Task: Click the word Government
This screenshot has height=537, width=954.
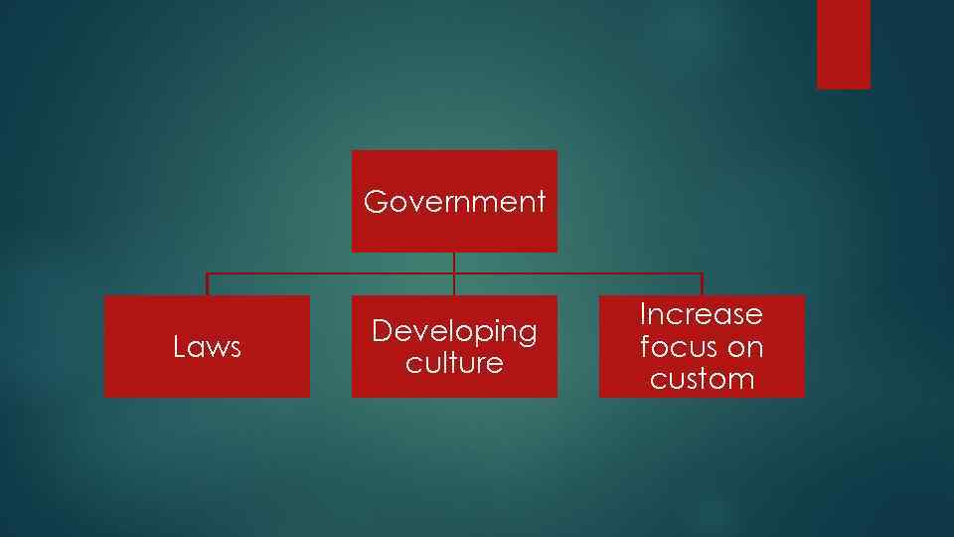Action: [454, 202]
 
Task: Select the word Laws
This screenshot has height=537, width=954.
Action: [207, 347]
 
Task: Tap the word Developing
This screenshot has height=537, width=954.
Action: [454, 330]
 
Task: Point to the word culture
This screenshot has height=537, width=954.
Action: [454, 363]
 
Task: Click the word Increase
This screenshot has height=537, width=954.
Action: [701, 314]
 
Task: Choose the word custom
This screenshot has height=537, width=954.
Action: [702, 379]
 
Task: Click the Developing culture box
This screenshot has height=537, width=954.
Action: [454, 383]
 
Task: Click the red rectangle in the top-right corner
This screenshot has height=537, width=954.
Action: [843, 44]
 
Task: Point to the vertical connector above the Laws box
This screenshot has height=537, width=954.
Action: [207, 284]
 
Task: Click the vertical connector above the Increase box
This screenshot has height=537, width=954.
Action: [702, 284]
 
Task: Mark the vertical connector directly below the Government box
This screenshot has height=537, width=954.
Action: [454, 263]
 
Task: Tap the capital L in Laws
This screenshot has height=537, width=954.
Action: [179, 347]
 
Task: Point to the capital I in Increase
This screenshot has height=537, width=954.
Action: [643, 314]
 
